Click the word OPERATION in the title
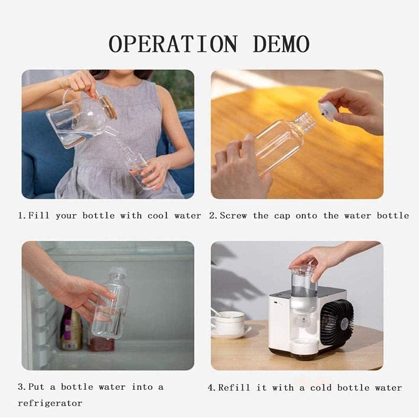[173, 44]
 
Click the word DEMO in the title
[281, 44]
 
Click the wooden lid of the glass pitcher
[109, 106]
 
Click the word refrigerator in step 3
[50, 403]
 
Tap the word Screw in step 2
[233, 215]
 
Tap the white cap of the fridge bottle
[118, 271]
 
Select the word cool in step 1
[158, 215]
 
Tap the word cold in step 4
[319, 388]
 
